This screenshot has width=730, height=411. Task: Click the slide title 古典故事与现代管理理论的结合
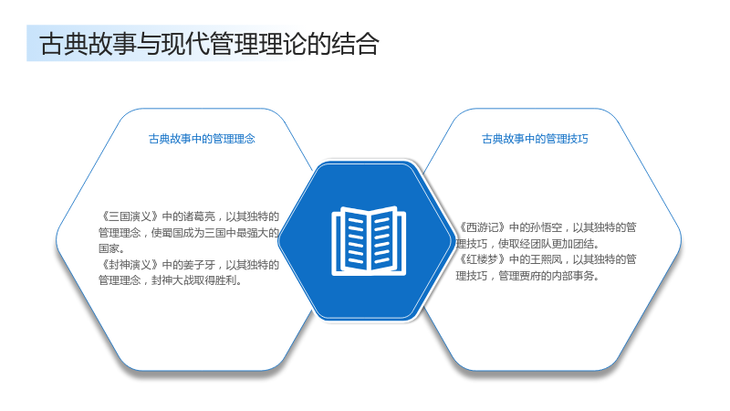(x=210, y=44)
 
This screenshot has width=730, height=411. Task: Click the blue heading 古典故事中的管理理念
(x=202, y=139)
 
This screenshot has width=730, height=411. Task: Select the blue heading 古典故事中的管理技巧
(x=535, y=139)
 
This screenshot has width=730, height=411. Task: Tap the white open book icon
(x=369, y=241)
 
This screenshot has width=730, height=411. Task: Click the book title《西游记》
(x=483, y=227)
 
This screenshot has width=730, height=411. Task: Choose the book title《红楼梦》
(x=483, y=259)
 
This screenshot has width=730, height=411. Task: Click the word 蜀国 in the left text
(x=172, y=233)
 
